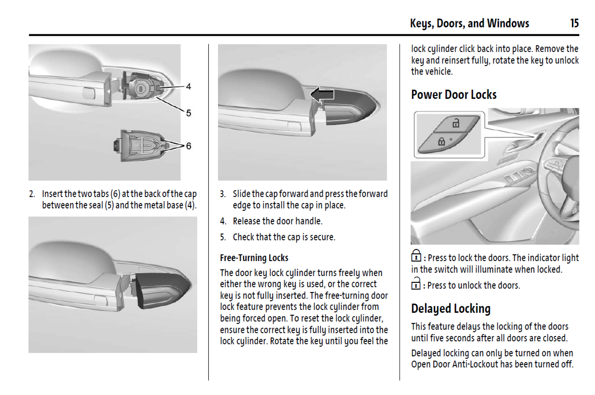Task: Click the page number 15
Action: (x=574, y=23)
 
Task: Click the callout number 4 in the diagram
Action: (x=188, y=87)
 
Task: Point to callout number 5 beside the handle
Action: (x=188, y=113)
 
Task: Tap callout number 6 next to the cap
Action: (x=188, y=146)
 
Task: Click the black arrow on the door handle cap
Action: (x=322, y=94)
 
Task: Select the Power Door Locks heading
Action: (x=453, y=95)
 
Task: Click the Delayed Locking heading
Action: (x=450, y=309)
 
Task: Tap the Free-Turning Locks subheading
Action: (x=254, y=258)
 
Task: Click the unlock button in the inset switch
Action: (x=456, y=123)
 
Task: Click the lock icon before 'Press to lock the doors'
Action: (x=416, y=256)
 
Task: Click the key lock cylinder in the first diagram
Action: (x=140, y=89)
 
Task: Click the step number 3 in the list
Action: (x=223, y=194)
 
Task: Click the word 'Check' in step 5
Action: (x=243, y=237)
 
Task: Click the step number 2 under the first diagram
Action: (x=32, y=194)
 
